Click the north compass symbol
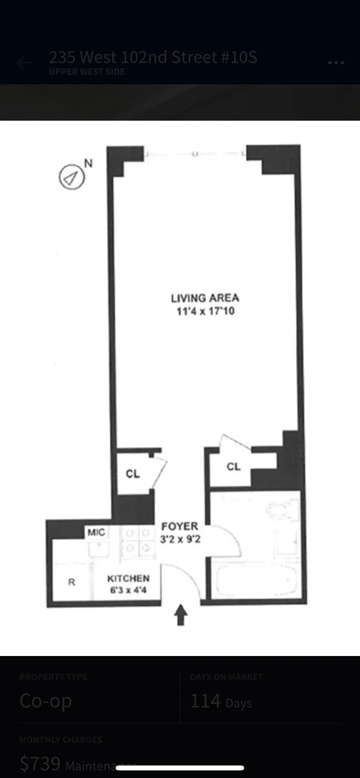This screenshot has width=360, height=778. [72, 177]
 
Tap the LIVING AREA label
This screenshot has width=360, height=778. [205, 298]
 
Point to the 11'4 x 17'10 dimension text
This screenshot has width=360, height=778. [205, 311]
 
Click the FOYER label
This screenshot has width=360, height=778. [180, 526]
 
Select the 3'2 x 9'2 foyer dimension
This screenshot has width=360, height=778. [180, 539]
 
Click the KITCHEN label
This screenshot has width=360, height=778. [128, 578]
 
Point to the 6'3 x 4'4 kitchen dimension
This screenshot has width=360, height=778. [128, 590]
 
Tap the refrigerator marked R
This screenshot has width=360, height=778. [71, 582]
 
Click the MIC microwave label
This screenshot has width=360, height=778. [96, 532]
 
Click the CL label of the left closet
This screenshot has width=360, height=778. [133, 473]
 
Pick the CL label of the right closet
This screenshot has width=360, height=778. [234, 466]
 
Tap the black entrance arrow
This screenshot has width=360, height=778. [181, 615]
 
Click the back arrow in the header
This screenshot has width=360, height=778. [24, 63]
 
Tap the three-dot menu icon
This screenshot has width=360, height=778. [336, 63]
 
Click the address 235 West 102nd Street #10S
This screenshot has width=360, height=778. [153, 58]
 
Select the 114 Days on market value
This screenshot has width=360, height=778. [221, 701]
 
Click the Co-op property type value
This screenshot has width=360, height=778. [46, 701]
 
